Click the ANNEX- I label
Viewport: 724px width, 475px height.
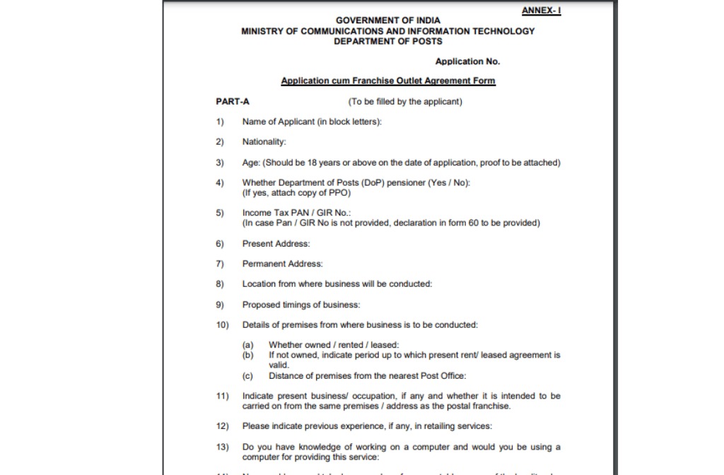(x=541, y=10)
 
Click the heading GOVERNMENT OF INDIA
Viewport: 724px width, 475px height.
(x=387, y=20)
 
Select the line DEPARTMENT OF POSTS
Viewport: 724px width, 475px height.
(x=387, y=41)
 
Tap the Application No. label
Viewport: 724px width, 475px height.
(x=467, y=61)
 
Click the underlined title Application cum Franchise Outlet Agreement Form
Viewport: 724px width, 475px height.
(x=388, y=81)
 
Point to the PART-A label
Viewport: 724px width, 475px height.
(x=233, y=101)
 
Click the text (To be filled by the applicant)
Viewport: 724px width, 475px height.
(x=405, y=101)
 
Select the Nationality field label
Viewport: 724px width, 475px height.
(x=264, y=142)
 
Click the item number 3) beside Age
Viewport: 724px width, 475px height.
(x=220, y=163)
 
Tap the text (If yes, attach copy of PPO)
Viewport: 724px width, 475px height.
(x=296, y=192)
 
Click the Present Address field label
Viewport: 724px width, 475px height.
(x=276, y=244)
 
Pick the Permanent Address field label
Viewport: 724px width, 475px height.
(x=282, y=264)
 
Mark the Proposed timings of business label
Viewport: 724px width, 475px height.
(x=301, y=305)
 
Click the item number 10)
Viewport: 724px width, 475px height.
(x=222, y=325)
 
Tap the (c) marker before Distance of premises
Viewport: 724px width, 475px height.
(x=247, y=376)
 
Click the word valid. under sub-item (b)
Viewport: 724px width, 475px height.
(x=279, y=365)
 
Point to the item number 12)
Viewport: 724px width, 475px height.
(x=222, y=426)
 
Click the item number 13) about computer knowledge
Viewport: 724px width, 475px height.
(x=222, y=447)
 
